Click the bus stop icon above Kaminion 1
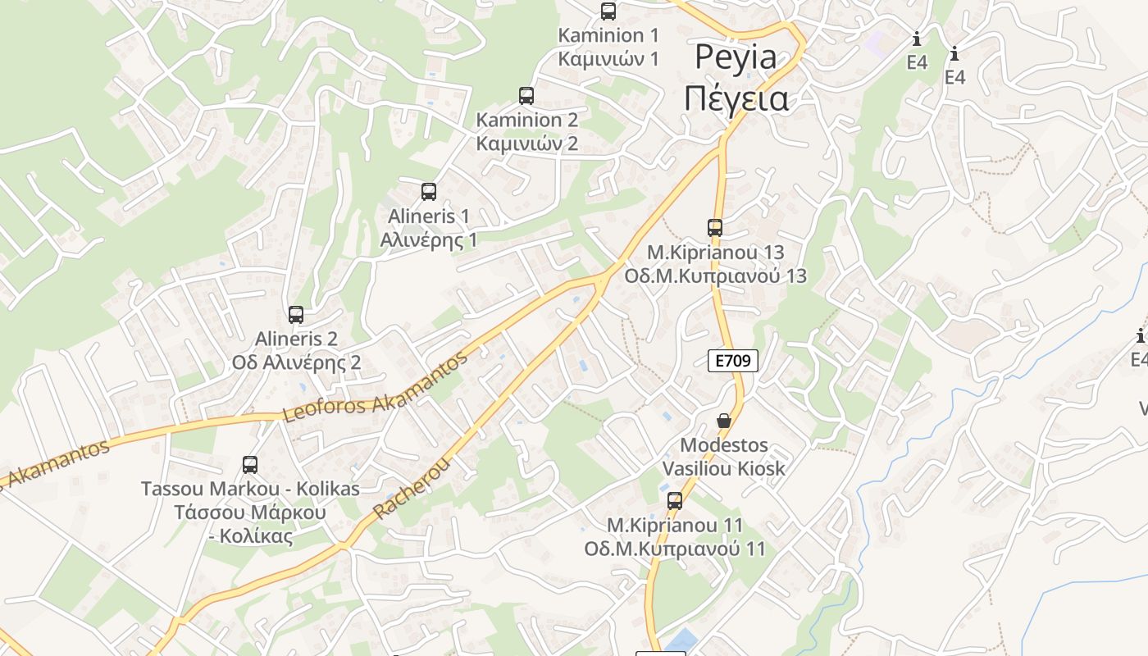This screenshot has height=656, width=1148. (608, 11)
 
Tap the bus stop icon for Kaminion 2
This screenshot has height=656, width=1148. (526, 96)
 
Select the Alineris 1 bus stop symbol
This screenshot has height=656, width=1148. (428, 193)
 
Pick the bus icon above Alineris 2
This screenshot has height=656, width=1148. (296, 315)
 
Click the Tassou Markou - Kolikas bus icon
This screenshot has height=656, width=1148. (250, 465)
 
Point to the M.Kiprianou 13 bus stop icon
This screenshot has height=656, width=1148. (715, 228)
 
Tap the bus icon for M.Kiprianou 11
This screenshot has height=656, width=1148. (675, 501)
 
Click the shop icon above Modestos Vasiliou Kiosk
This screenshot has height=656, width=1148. (724, 421)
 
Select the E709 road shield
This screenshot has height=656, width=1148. (733, 360)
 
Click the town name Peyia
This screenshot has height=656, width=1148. (736, 57)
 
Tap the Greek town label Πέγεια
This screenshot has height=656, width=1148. (736, 98)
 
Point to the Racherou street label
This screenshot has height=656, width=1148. (412, 488)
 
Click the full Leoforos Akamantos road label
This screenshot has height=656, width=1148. (376, 387)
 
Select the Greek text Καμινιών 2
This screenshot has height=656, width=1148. (527, 143)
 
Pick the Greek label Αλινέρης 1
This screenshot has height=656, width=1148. (429, 240)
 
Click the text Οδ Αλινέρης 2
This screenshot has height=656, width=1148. (296, 362)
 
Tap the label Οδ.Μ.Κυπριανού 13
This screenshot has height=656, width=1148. (716, 276)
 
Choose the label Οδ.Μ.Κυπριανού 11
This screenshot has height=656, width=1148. (675, 549)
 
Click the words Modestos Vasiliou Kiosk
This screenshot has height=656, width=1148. (724, 458)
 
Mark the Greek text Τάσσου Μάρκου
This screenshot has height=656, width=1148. (250, 512)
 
